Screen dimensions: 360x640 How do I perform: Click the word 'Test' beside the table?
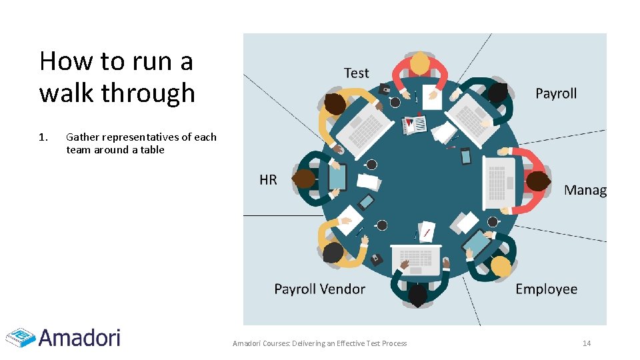356,73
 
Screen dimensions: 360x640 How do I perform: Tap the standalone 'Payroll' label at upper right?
556,93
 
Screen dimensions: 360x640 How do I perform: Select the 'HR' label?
268,179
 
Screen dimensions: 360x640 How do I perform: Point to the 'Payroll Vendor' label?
319,289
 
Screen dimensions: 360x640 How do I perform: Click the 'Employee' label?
546,289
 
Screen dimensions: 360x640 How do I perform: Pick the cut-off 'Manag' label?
585,190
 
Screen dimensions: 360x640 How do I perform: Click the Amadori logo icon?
20,337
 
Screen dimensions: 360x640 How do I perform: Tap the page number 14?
587,343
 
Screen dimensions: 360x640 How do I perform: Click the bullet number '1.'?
43,137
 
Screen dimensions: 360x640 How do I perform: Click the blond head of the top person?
420,63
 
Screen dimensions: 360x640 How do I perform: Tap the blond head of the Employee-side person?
501,267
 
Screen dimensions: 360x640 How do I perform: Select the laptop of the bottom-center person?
416,259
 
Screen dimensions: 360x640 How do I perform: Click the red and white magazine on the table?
415,123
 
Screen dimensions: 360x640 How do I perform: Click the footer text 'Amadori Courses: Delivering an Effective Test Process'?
319,343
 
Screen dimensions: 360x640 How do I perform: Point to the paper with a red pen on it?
427,231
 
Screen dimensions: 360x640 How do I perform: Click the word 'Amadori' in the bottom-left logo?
79,337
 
